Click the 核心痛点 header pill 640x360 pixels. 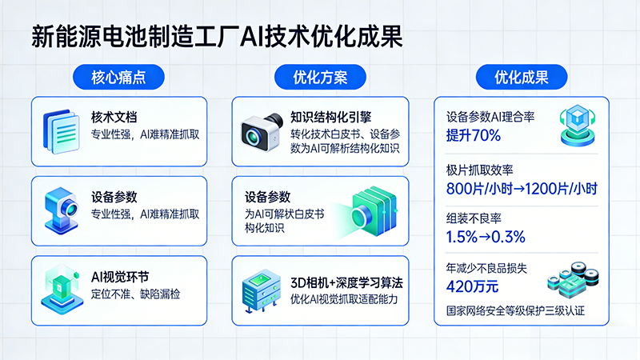point(118,78)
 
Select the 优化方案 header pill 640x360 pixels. point(319,78)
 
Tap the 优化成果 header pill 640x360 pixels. point(521,78)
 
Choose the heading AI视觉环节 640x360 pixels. point(120,276)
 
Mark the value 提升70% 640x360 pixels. point(474,135)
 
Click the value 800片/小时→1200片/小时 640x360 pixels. point(522,190)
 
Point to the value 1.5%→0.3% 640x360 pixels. point(486,237)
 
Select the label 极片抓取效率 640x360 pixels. point(479,170)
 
